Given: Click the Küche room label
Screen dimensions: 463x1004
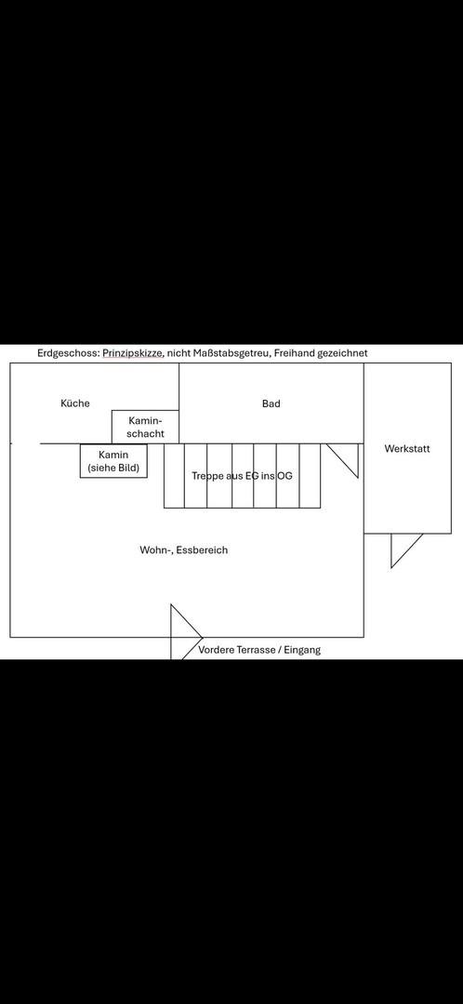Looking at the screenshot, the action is pyautogui.click(x=75, y=403).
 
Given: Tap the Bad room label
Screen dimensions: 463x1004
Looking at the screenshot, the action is pyautogui.click(x=271, y=404).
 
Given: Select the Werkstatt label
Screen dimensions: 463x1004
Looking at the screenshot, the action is pyautogui.click(x=407, y=449).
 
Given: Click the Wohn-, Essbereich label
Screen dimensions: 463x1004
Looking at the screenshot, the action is pyautogui.click(x=184, y=550).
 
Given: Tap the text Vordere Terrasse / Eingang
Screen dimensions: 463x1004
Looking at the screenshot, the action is pyautogui.click(x=259, y=650).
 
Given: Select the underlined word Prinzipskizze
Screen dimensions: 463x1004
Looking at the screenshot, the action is pyautogui.click(x=132, y=353).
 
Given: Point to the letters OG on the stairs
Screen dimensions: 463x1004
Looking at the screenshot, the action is pyautogui.click(x=285, y=476).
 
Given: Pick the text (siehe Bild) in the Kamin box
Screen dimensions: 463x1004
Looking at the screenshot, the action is pyautogui.click(x=113, y=468).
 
